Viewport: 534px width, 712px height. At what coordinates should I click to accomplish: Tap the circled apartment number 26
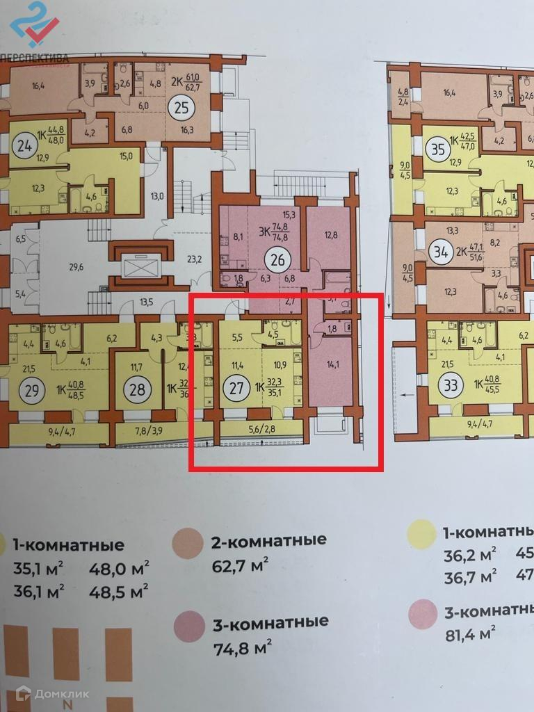[x=279, y=262]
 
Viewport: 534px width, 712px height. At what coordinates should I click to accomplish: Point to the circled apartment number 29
[x=30, y=389]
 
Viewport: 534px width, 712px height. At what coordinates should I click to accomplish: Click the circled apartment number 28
[x=138, y=389]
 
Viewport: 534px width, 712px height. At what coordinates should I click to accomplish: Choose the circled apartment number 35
[x=438, y=149]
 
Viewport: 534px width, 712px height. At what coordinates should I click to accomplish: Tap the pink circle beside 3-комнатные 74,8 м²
[x=189, y=626]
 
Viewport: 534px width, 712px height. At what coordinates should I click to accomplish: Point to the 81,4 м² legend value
[x=469, y=633]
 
